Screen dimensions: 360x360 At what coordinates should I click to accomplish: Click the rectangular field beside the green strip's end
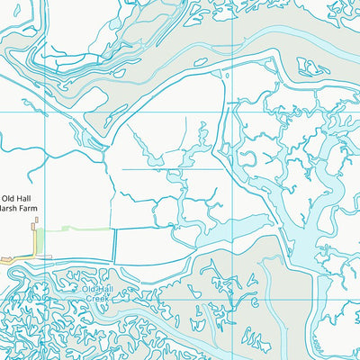[x=144, y=244]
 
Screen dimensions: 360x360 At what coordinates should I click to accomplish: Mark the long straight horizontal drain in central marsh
[x=171, y=168]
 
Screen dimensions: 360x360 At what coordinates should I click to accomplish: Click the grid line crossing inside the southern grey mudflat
[x=233, y=262]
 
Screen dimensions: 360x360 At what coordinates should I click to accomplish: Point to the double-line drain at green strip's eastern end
[x=115, y=243]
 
